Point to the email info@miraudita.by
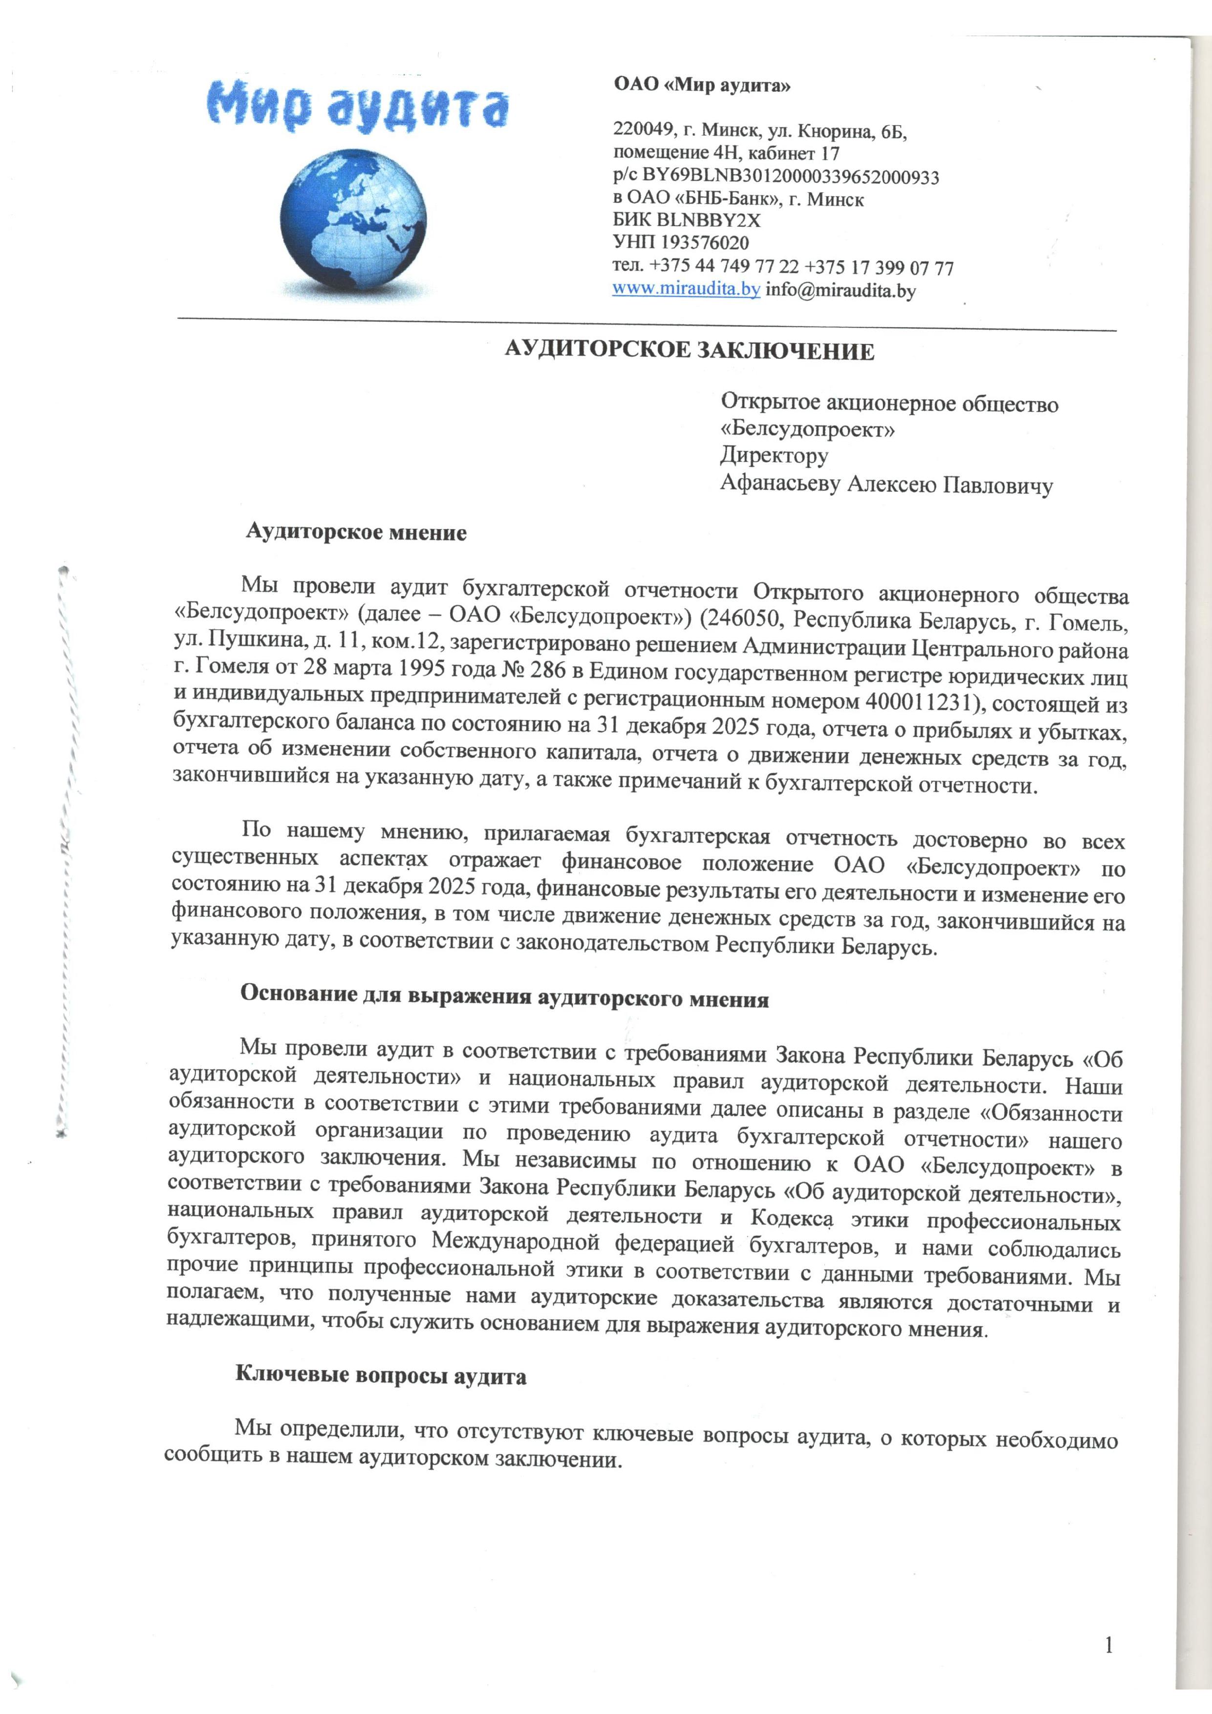(x=841, y=291)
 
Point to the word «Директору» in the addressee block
(x=774, y=455)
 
